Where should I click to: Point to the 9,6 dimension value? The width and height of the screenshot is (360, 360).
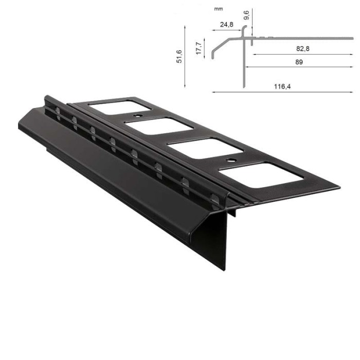click(247, 15)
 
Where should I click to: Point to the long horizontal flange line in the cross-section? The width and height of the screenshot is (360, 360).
click(309, 38)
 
